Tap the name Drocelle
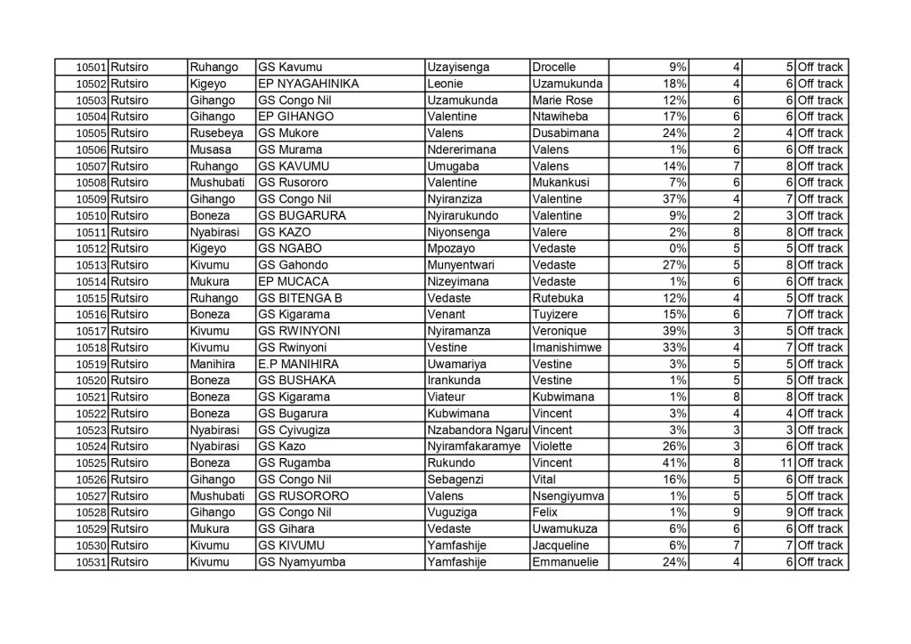tap(553, 67)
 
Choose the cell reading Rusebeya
tap(216, 133)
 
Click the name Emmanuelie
tap(565, 562)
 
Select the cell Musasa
tap(210, 149)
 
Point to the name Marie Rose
tap(561, 100)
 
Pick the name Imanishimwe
tap(568, 347)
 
